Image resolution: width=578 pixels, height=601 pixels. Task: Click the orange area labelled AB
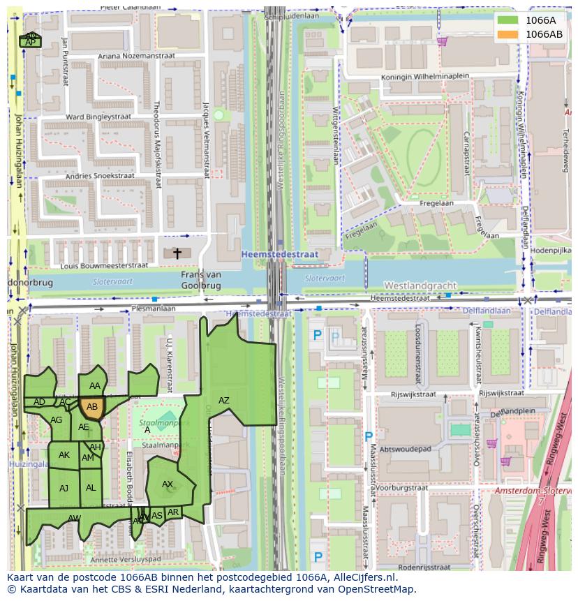click(x=92, y=407)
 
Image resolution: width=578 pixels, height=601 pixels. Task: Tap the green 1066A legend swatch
click(x=508, y=20)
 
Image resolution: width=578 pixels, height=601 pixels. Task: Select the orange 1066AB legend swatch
click(x=508, y=34)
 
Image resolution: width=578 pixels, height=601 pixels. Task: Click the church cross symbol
click(x=177, y=253)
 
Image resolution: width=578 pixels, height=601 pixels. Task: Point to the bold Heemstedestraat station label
click(x=279, y=255)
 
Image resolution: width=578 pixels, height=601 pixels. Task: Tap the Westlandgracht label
click(x=420, y=285)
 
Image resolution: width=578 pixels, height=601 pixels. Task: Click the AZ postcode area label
click(x=223, y=401)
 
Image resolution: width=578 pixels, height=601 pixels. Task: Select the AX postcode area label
click(x=168, y=484)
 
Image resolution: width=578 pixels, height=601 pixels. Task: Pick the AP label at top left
click(x=30, y=43)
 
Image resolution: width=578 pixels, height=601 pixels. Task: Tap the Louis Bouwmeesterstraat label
click(x=104, y=266)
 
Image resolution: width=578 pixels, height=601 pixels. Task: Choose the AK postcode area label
click(x=64, y=455)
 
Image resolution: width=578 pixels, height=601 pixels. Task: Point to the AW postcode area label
click(x=74, y=518)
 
